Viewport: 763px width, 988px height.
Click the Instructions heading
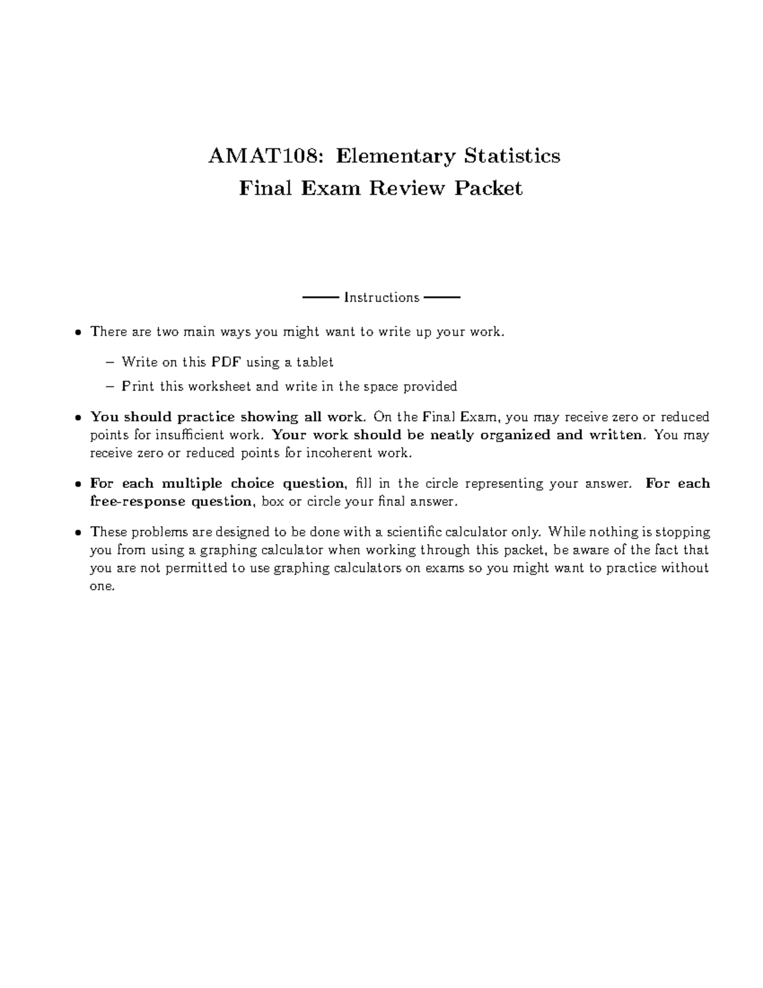coord(381,298)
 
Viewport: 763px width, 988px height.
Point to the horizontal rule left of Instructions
coord(320,297)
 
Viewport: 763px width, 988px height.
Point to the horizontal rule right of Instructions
coord(441,297)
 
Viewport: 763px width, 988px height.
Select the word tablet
coord(315,363)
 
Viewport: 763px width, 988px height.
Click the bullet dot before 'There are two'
coord(78,332)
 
